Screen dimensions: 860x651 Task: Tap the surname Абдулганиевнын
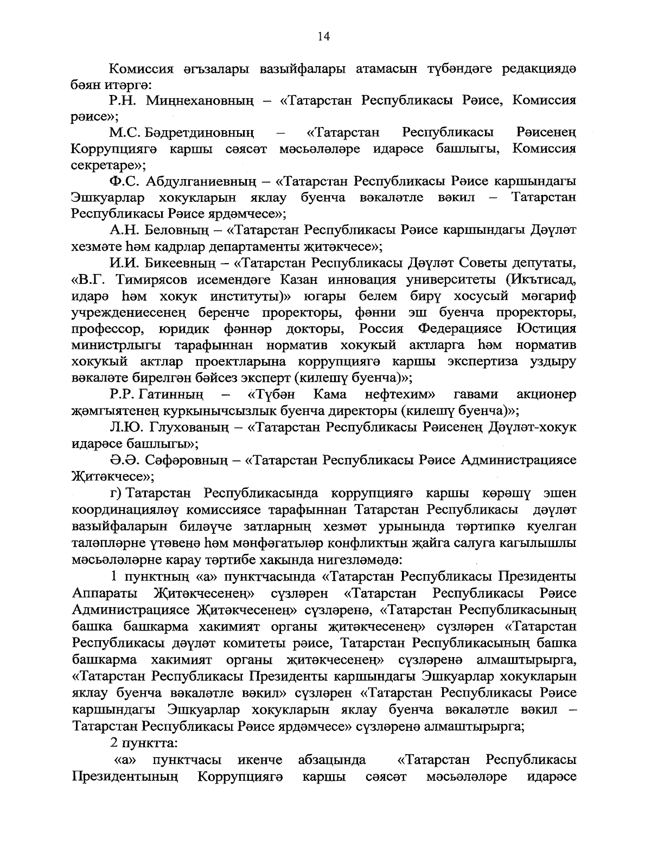point(204,181)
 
